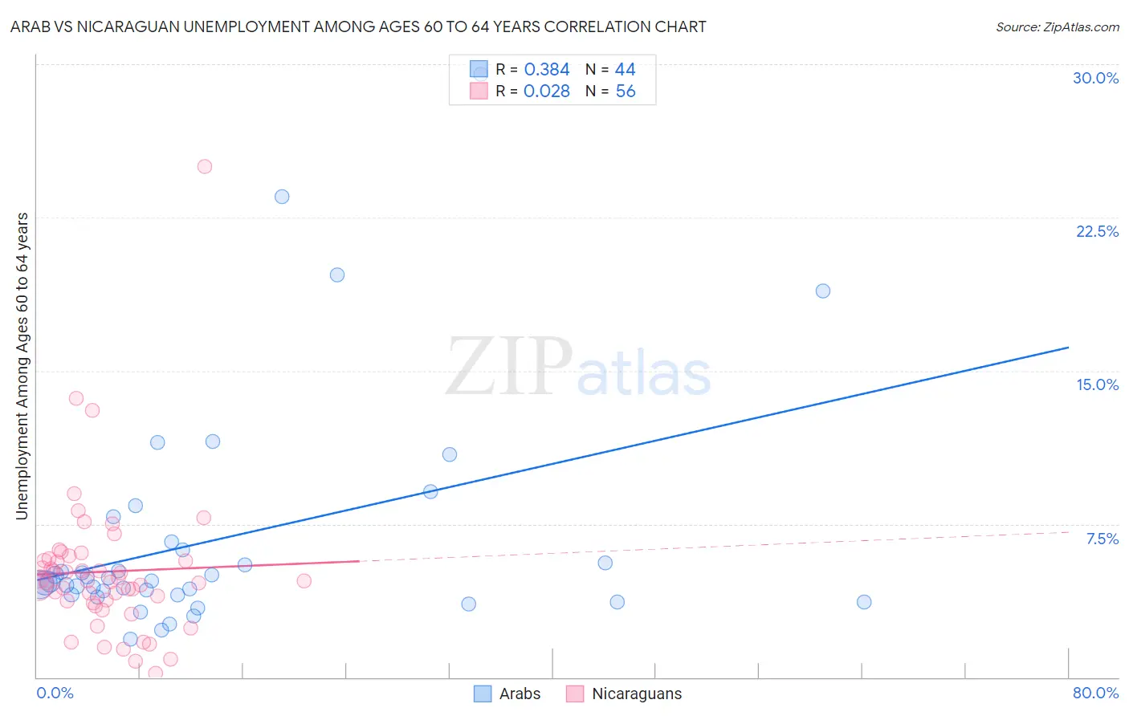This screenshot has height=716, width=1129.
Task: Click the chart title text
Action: [x=358, y=26]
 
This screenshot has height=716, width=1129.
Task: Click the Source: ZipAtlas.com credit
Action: [x=1057, y=27]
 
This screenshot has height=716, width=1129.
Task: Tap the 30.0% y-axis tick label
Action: [x=1095, y=78]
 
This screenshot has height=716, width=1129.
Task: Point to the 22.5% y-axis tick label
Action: [x=1097, y=231]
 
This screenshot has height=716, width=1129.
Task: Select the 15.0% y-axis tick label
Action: [x=1097, y=384]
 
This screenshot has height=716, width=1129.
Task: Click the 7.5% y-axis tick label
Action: [x=1102, y=539]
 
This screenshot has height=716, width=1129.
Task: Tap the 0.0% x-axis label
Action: [x=55, y=693]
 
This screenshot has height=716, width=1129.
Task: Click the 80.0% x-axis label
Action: [x=1095, y=693]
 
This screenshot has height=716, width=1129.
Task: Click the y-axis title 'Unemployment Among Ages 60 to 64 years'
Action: [x=22, y=366]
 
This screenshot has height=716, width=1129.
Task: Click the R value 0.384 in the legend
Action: [x=547, y=70]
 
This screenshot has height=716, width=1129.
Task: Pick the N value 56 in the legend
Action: [x=626, y=92]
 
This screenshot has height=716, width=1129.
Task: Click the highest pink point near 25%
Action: [x=205, y=167]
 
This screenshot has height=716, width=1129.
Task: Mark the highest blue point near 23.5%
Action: [x=282, y=197]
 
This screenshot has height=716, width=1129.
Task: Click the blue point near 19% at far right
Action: [x=823, y=291]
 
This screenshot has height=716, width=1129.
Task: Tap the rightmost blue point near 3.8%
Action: [x=864, y=602]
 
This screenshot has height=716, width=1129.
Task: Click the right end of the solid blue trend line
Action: [x=1068, y=348]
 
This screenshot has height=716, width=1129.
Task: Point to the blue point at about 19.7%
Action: [x=337, y=275]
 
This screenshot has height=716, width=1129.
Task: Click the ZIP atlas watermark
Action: [x=578, y=368]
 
